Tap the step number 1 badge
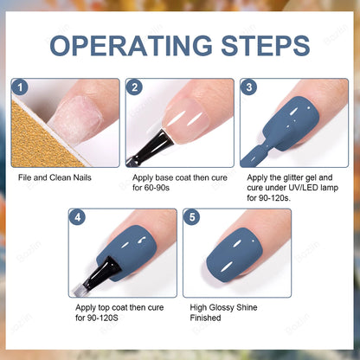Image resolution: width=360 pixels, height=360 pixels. (20, 87)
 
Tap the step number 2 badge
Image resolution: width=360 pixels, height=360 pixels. (134, 87)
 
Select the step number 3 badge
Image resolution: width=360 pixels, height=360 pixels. (248, 87)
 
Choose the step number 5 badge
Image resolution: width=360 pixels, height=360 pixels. (191, 217)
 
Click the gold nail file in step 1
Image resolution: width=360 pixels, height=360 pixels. (35, 138)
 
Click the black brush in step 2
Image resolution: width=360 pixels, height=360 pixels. (144, 149)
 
